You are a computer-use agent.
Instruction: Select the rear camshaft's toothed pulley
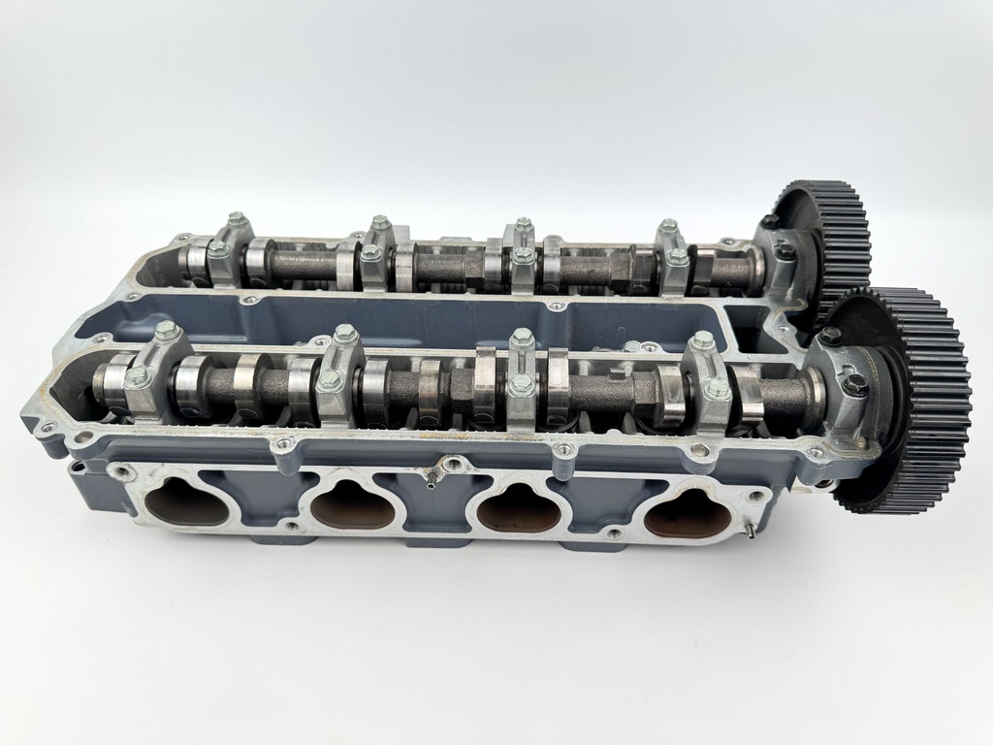pyautogui.click(x=824, y=233)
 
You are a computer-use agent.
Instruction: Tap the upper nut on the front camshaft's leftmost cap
pyautogui.click(x=166, y=331)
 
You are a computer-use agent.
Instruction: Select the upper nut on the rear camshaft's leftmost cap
pyautogui.click(x=236, y=219)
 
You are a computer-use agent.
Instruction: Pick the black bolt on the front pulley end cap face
pyautogui.click(x=854, y=385)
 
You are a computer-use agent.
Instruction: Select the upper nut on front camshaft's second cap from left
pyautogui.click(x=346, y=335)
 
